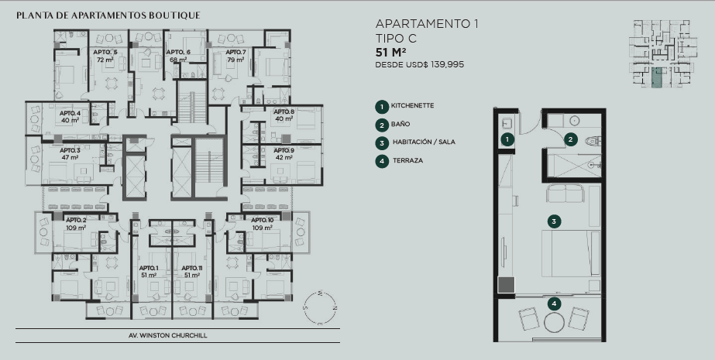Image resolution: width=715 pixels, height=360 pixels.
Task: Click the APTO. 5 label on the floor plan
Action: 105,52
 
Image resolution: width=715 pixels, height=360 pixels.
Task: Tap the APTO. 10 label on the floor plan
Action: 262,220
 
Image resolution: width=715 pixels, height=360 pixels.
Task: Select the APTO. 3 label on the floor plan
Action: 70,150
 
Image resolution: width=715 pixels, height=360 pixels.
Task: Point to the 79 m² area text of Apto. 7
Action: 235,60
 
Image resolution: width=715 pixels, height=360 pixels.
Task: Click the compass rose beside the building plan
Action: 320,308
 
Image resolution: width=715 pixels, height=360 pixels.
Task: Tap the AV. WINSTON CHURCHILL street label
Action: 168,335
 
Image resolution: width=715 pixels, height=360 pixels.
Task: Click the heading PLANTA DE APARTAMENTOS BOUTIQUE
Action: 108,15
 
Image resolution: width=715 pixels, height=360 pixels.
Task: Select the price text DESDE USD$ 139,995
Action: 420,65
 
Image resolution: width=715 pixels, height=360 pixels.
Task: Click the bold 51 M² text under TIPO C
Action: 390,53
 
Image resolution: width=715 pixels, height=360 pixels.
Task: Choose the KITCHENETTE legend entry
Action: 412,106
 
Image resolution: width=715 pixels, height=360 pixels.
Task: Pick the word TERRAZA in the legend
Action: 407,160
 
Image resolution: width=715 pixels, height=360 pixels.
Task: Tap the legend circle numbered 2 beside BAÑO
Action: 382,125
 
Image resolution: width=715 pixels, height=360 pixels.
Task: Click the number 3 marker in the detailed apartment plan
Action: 554,222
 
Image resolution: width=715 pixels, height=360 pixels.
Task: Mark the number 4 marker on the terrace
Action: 554,304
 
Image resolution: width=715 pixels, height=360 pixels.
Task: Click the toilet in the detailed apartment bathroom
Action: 593,141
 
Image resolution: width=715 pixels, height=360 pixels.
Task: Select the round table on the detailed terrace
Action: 555,322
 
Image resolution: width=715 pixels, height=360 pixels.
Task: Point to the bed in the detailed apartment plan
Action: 570,253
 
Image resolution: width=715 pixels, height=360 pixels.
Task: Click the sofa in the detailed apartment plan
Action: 565,194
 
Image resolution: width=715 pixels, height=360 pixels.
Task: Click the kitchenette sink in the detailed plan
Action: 507,122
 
